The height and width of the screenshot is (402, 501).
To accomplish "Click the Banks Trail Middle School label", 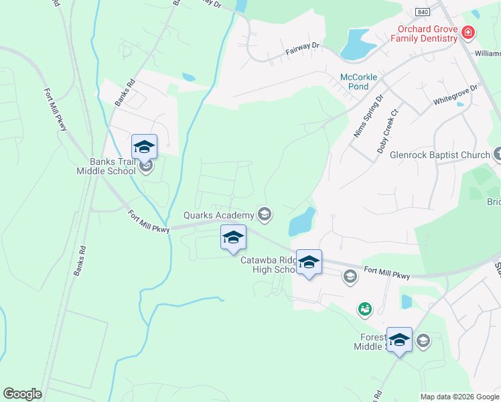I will pos(113,166).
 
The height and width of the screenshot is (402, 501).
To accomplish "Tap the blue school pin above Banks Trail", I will pos(144,147).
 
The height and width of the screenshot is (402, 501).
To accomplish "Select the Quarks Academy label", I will pos(219,215).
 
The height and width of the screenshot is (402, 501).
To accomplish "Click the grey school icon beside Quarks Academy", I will pos(265,214).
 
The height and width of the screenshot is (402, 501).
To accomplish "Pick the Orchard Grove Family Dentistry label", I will pos(427,33).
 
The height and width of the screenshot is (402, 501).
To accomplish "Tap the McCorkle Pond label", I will pos(359,82).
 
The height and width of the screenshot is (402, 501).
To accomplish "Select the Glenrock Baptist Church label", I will pos(443,155).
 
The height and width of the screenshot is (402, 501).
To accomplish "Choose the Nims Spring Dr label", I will pos(368,116).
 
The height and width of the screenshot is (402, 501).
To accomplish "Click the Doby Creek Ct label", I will pos(388,131).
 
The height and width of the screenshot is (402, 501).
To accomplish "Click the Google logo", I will pos(22,394).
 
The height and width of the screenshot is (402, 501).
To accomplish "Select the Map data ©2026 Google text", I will pos(459,397).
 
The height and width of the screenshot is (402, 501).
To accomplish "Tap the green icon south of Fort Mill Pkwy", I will pos(364,308).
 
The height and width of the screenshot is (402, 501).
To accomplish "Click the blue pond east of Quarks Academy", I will pos(301,221).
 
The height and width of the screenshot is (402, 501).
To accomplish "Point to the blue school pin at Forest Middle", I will pos(399,340).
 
